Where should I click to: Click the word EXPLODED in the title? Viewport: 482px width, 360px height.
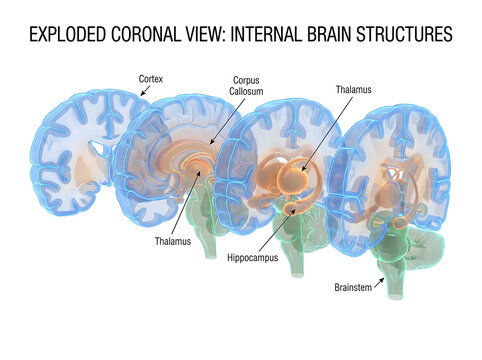pos(68,34)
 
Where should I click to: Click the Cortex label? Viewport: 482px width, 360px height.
pos(151,79)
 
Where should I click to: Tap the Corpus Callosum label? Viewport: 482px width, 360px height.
pos(246,86)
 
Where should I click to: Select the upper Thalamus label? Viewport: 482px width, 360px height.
pos(353,89)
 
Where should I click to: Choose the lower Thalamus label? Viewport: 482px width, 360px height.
pos(173,241)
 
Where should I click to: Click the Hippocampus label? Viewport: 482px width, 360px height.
pos(252,258)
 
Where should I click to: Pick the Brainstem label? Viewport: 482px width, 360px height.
pos(353,287)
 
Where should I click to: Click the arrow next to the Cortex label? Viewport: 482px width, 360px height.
pos(145,91)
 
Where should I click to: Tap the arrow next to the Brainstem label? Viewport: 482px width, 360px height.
pos(379,283)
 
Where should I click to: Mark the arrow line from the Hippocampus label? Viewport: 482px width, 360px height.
pos(277,230)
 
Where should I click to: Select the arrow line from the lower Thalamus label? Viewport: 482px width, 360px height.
pos(186,203)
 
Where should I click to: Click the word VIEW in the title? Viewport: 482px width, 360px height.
pos(206,34)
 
